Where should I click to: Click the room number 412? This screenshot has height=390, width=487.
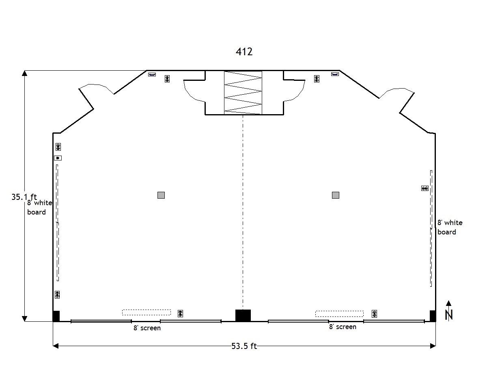244,52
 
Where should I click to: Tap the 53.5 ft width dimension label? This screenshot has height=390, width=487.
244,346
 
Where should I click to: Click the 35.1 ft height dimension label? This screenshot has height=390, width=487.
24,197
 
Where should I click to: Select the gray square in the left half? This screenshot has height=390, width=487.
161,195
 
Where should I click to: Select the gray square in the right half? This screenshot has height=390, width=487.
336,195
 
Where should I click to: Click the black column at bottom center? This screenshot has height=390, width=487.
243,315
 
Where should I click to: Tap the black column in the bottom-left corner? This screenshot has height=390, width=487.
56,316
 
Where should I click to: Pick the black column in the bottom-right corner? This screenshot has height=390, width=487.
433,316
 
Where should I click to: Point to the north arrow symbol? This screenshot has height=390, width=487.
449,311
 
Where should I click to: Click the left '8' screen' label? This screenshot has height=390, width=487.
147,328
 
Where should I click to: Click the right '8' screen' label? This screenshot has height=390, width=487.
343,327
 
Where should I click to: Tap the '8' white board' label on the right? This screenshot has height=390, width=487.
450,227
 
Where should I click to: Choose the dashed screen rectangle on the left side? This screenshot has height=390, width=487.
147,312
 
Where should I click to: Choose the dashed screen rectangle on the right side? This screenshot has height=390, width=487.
339,314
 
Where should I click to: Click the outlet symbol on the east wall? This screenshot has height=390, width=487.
425,188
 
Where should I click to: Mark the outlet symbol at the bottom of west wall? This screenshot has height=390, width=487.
57,295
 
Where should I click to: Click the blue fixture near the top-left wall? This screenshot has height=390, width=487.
152,75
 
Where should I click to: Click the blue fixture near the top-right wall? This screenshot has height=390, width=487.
335,74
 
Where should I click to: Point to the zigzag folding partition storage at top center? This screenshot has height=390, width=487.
243,93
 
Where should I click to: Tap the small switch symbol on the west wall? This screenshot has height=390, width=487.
58,158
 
